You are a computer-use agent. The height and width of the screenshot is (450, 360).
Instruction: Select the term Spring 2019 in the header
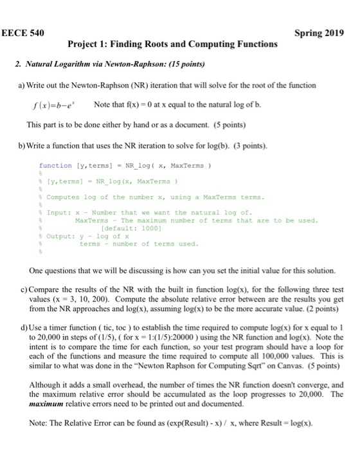319,33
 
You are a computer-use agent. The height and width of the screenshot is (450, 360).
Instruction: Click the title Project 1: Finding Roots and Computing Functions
172,44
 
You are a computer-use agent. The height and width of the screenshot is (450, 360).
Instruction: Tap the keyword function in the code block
55,165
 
